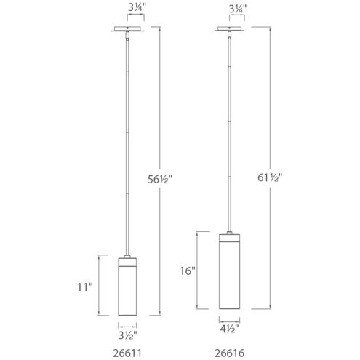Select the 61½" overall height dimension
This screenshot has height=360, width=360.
[x=289, y=177]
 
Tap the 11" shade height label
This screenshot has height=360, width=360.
[x=87, y=287]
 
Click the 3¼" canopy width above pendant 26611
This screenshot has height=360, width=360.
[x=128, y=9]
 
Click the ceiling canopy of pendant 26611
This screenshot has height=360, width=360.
[x=128, y=31]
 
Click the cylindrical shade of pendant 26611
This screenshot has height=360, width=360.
[x=128, y=291]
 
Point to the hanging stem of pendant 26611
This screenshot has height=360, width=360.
[x=128, y=145]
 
